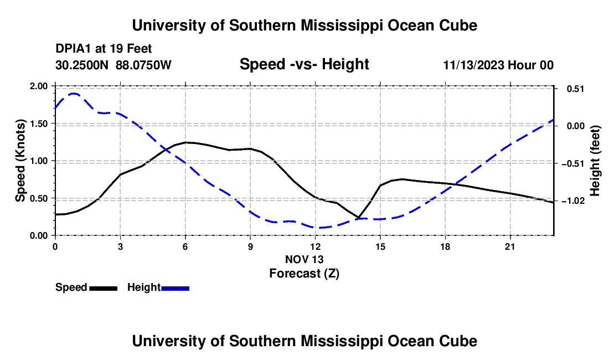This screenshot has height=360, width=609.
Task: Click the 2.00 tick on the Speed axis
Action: pos(38,86)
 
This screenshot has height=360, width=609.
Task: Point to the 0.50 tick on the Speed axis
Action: pos(38,198)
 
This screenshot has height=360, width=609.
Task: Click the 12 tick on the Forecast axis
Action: pos(316,246)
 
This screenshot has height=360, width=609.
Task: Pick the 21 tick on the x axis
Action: pos(510,246)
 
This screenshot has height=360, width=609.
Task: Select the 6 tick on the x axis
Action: pos(185,246)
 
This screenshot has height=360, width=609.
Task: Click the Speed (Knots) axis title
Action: pos(20,161)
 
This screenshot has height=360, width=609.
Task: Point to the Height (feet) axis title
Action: pos(595,161)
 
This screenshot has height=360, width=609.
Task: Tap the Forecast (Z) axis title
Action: pos(304,274)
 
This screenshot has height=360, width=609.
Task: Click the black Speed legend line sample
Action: pos(104,289)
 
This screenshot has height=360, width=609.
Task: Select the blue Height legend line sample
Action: pos(175,289)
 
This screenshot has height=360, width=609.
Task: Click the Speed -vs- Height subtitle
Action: pos(304,64)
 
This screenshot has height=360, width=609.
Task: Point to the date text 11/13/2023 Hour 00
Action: pos(498,65)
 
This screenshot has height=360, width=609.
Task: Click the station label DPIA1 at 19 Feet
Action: pos(104,49)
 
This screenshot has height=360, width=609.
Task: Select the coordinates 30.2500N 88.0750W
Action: pos(113,65)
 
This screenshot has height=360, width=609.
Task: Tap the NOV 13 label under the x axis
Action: pos(304,259)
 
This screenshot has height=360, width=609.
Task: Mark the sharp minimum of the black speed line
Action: pos(359,218)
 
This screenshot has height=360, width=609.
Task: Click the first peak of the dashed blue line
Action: pos(73,94)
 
